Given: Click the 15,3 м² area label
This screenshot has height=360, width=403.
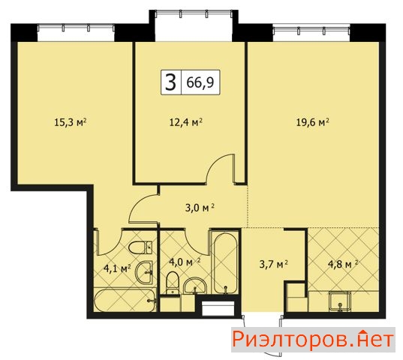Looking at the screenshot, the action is pyautogui.click(x=70, y=122).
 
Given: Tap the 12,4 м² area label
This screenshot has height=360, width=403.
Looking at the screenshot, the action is pyautogui.click(x=185, y=122).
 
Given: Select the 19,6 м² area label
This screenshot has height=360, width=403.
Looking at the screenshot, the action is pyautogui.click(x=313, y=122).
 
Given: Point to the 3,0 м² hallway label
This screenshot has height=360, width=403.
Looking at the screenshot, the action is pyautogui.click(x=200, y=208).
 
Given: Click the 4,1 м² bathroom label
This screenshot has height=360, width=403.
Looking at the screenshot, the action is pyautogui.click(x=118, y=268).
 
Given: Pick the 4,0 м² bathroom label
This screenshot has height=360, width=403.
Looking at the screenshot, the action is pyautogui.click(x=185, y=262).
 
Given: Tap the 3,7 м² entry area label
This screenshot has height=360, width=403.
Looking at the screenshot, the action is pyautogui.click(x=273, y=264).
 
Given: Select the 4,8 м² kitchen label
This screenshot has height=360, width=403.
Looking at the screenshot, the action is pyautogui.click(x=343, y=264).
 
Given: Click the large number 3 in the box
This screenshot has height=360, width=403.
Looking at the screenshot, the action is pyautogui.click(x=171, y=82).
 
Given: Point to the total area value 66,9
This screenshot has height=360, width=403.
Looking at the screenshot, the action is pyautogui.click(x=200, y=82).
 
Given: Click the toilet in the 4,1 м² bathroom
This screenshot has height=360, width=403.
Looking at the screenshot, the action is pyautogui.click(x=140, y=248).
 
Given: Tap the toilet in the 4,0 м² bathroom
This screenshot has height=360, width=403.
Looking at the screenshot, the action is pyautogui.click(x=172, y=283).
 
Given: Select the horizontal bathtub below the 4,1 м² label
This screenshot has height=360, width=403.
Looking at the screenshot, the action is pyautogui.click(x=125, y=301).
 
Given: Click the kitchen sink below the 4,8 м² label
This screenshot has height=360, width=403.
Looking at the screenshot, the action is pyautogui.click(x=340, y=301).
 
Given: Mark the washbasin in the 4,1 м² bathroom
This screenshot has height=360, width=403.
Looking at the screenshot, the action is pyautogui.click(x=145, y=273).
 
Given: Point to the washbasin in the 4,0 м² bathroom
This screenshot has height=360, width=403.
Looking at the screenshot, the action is pyautogui.click(x=195, y=286).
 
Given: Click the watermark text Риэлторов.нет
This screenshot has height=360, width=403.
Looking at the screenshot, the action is pyautogui.click(x=313, y=340).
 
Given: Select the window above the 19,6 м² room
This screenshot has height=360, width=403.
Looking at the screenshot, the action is pyautogui.click(x=311, y=30).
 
